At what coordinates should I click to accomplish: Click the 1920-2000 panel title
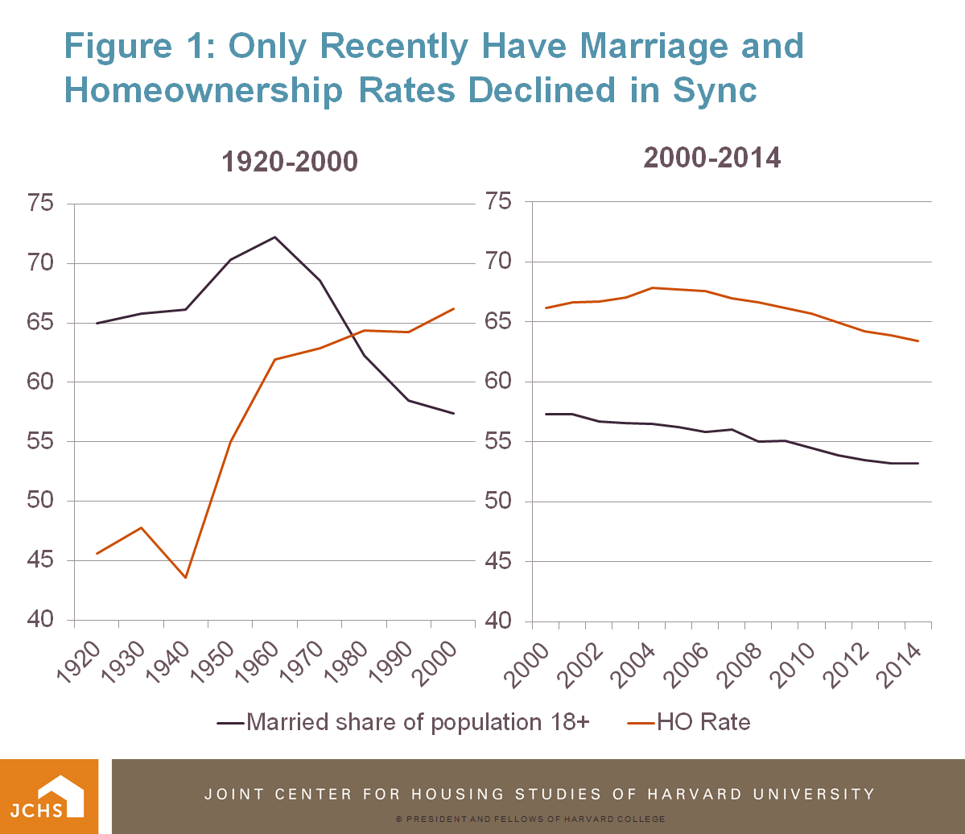(290, 162)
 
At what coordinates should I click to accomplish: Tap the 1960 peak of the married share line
(275, 237)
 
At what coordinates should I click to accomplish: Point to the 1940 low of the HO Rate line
(186, 577)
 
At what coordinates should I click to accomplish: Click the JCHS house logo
(49, 796)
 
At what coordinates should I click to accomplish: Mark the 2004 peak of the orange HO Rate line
(653, 287)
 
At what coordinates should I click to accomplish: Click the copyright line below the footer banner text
(530, 819)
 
